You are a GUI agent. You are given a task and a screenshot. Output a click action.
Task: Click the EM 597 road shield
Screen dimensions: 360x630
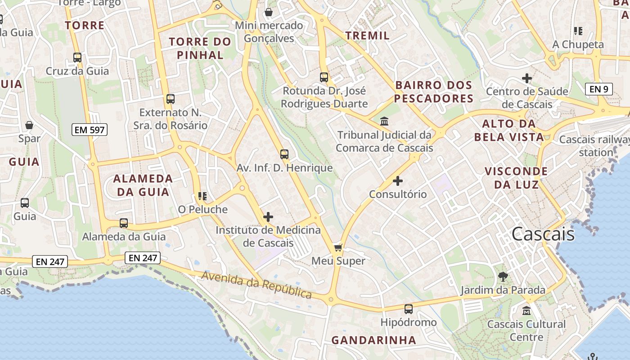point(90,130)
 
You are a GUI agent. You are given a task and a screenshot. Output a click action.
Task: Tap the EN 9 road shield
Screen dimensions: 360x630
point(599,89)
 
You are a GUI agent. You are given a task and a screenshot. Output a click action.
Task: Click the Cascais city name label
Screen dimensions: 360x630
point(543,234)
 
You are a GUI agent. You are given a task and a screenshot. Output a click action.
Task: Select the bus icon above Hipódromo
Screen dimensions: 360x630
point(408,309)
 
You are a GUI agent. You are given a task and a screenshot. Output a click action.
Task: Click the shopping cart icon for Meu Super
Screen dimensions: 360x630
point(338,247)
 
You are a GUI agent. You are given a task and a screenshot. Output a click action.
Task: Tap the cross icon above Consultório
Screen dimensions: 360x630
point(398,181)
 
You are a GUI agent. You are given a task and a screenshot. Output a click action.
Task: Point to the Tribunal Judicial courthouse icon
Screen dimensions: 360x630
point(385,121)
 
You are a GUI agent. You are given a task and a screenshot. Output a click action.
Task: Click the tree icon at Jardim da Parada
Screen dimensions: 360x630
point(503,277)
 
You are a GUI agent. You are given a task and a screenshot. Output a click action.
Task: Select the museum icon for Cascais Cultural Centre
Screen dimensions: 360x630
point(526,310)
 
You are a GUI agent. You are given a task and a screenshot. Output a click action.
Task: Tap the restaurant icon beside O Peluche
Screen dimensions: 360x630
point(202,196)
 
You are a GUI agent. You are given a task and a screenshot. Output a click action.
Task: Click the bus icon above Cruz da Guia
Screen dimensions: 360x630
point(77,58)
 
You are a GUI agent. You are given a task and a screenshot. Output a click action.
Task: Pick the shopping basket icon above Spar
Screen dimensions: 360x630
point(29,125)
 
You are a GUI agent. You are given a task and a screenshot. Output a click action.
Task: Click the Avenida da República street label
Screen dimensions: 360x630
point(256,285)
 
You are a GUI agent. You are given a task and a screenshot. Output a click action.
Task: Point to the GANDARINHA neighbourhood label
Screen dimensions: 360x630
point(373,340)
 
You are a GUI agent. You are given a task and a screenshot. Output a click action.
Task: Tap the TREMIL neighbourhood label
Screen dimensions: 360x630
point(368,36)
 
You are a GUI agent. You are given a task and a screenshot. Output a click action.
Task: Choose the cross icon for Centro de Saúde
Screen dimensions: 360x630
point(526,78)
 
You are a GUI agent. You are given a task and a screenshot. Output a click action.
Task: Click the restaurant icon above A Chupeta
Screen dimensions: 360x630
point(578,31)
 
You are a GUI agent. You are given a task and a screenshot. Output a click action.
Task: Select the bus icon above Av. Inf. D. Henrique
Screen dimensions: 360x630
point(284,154)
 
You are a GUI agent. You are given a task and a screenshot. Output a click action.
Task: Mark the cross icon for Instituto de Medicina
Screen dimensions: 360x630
point(268,217)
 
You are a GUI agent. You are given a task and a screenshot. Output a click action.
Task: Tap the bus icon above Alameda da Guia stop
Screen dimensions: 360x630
point(124,223)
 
